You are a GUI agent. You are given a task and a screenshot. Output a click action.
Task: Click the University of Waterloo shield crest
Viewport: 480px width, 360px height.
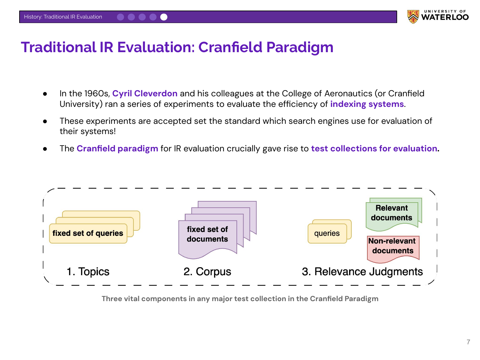(413, 17)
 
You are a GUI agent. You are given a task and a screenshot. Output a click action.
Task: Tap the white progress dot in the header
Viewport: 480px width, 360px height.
(164, 17)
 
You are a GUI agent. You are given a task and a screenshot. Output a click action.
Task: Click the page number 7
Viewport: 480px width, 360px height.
(468, 342)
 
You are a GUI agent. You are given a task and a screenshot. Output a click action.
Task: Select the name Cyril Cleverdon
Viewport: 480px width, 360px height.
(145, 93)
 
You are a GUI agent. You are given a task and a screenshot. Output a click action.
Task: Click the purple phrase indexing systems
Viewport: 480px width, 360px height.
(367, 104)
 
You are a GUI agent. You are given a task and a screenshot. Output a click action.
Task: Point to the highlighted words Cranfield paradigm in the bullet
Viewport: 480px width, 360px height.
(117, 148)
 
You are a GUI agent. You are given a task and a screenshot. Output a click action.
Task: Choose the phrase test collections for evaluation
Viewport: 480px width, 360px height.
(374, 148)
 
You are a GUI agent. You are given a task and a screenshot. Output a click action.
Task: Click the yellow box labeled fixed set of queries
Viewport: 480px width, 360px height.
(88, 234)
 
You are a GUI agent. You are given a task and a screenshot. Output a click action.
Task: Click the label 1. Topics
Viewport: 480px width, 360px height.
(88, 272)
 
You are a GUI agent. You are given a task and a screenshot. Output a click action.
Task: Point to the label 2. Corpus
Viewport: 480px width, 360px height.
(207, 272)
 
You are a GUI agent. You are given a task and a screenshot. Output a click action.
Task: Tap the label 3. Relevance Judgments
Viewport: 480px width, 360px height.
(362, 272)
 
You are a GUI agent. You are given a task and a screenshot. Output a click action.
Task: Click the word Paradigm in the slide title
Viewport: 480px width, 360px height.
(300, 47)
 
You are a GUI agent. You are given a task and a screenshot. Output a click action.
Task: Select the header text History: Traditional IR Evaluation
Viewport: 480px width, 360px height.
(63, 17)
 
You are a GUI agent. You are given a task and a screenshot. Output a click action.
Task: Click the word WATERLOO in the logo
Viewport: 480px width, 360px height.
(445, 17)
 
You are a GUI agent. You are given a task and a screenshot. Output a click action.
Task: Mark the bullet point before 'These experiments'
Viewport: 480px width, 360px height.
(45, 121)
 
